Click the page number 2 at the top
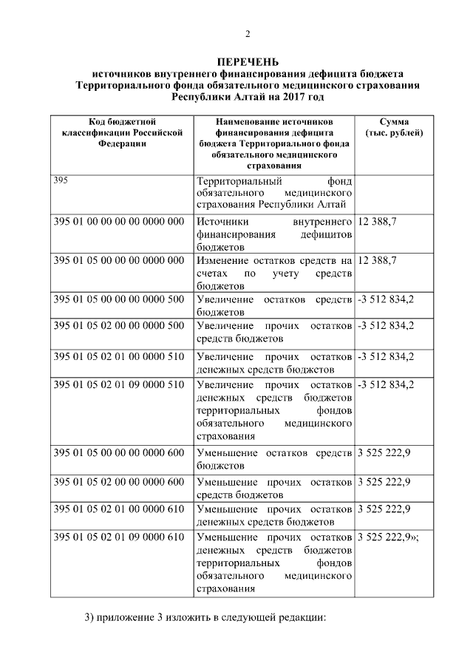point(248,34)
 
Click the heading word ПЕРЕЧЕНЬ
point(248,62)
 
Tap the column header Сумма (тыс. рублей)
point(394,126)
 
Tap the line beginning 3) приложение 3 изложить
point(204,617)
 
